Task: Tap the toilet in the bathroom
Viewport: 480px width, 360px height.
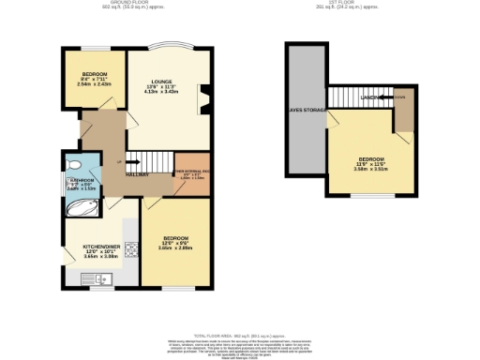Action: coord(74,165)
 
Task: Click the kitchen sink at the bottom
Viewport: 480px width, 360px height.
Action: coord(97,277)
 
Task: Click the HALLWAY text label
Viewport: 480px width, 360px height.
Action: coord(137,174)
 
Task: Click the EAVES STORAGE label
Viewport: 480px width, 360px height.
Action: coord(305,109)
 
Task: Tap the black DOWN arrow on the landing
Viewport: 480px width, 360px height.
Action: coord(399,97)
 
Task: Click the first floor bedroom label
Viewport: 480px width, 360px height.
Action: coord(369,159)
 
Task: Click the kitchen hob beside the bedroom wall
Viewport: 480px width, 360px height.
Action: coord(131,249)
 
